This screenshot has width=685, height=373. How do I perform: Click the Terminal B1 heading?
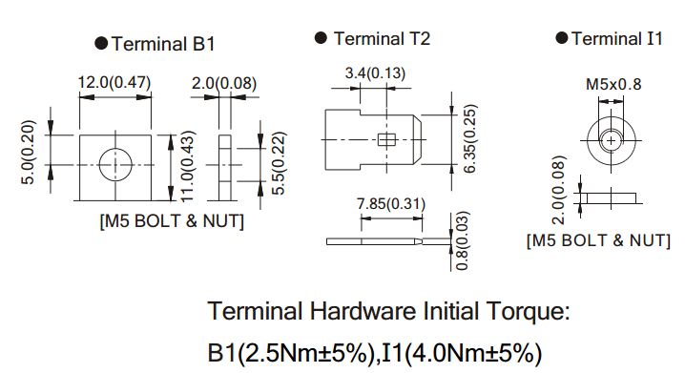pyautogui.click(x=163, y=44)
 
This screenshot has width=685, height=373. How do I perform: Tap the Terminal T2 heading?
pyautogui.click(x=382, y=38)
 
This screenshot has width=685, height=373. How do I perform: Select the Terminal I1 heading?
pyautogui.click(x=617, y=38)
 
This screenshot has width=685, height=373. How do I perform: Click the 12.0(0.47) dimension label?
pyautogui.click(x=114, y=82)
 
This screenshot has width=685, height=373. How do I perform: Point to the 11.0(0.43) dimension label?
pyautogui.click(x=187, y=166)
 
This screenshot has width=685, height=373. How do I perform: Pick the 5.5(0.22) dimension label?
pyautogui.click(x=279, y=163)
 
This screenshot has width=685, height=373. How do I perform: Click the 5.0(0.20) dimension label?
pyautogui.click(x=28, y=152)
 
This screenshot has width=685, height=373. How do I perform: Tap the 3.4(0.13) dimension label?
pyautogui.click(x=375, y=73)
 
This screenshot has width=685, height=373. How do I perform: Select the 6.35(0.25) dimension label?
pyautogui.click(x=469, y=138)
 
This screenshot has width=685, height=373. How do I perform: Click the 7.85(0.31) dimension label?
pyautogui.click(x=391, y=204)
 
